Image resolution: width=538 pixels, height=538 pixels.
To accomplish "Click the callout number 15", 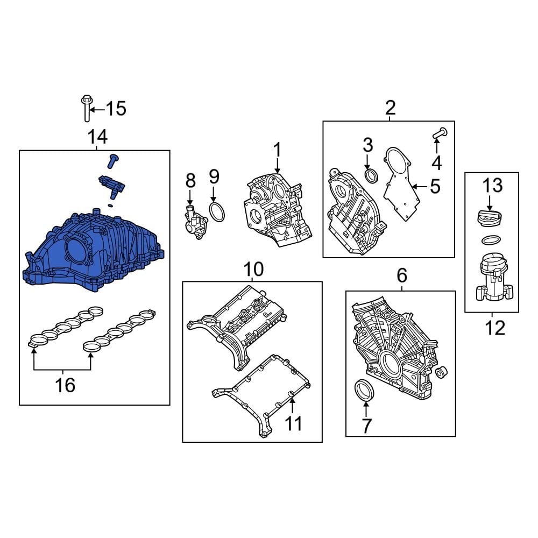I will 115,109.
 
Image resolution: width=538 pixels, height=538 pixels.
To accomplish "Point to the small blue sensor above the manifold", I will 111,185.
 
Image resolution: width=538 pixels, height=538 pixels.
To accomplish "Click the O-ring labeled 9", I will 216,213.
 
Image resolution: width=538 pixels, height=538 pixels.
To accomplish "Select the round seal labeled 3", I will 371,175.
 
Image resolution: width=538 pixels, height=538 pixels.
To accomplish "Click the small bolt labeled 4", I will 439,132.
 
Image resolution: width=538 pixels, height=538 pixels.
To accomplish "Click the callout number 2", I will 390,108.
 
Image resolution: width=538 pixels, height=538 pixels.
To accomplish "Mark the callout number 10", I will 253,268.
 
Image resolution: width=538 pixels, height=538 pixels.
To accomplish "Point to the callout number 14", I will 97,138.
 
